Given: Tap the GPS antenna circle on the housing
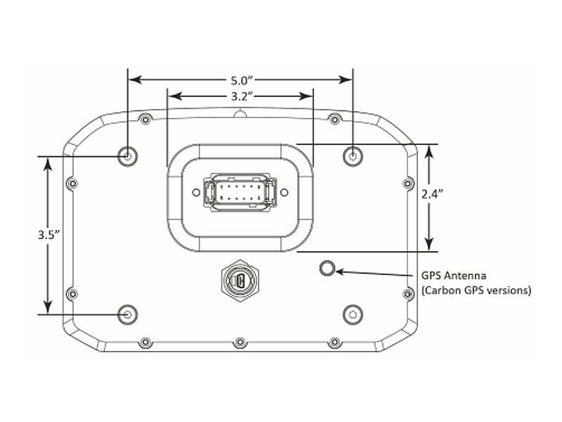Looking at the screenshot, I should [327, 268].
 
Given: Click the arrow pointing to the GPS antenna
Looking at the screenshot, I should [372, 271].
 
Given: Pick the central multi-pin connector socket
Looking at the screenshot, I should [240, 193].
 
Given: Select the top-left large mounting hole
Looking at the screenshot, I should [128, 155].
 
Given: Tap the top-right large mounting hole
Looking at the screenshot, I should [351, 155].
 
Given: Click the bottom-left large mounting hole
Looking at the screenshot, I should [128, 314].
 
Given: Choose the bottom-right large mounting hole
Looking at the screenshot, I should [351, 314].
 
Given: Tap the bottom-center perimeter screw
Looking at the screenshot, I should [240, 342].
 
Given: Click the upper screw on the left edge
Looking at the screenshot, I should [71, 184].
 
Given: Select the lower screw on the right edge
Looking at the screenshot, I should [407, 293].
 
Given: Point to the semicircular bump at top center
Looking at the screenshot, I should [240, 114].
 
